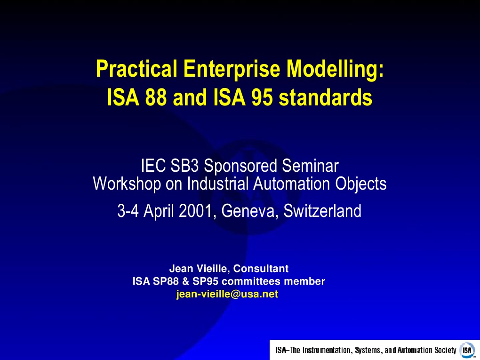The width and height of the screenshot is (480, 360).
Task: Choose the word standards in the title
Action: (x=325, y=98)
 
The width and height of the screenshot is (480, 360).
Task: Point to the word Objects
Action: (x=361, y=183)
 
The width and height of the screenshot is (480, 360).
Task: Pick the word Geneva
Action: (x=245, y=211)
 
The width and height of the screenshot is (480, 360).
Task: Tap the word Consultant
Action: (x=261, y=269)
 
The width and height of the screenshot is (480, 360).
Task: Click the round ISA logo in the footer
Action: (x=467, y=350)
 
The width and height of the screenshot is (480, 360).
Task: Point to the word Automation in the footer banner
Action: (x=416, y=350)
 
